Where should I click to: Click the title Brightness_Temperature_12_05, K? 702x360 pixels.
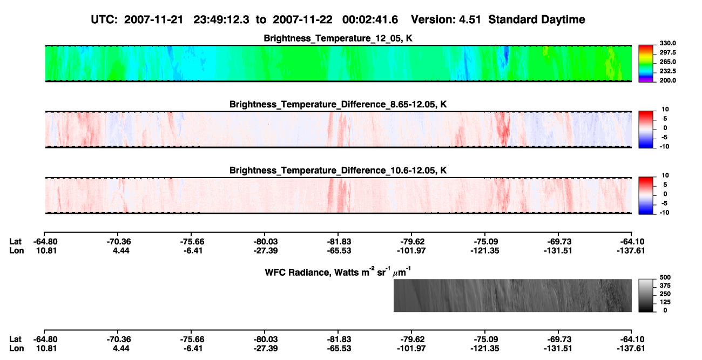coord(338,38)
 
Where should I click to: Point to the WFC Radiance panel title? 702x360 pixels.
coord(337,271)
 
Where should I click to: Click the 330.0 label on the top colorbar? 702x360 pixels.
coord(667,43)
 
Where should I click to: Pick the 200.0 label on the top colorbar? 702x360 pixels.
coord(667,80)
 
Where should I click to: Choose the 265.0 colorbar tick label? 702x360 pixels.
coord(667,62)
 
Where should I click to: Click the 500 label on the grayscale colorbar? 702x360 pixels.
coord(665,277)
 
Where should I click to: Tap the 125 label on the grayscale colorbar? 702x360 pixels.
coord(665,302)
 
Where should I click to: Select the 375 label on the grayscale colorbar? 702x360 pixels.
coord(665,286)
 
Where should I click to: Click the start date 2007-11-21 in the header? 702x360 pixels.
coord(153,20)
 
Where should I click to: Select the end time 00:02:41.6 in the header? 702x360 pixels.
coord(370,20)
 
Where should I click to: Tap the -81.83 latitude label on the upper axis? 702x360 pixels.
coord(339,242)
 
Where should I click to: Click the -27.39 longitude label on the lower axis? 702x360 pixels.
coord(266,349)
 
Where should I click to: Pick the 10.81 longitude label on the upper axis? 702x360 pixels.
coord(46,250)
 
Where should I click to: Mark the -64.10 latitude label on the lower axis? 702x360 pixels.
coord(632,339)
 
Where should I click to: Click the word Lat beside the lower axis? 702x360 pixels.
coord(15,339)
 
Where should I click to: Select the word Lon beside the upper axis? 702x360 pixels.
coord(16,250)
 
